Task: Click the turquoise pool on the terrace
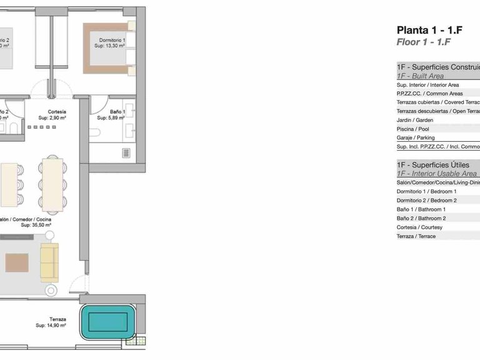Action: pos(108,322)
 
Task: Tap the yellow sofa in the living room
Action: pos(49,261)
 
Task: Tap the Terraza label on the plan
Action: pos(58,319)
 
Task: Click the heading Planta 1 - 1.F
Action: pos(424,30)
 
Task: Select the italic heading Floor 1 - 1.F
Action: pos(424,42)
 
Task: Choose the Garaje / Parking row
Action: pos(416,137)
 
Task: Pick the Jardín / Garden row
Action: pos(416,120)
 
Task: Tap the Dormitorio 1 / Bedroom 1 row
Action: pos(427,191)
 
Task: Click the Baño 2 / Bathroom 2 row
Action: pos(421,218)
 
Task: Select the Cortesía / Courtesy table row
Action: pos(419,227)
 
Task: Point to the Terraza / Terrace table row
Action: pos(416,236)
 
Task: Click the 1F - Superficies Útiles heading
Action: pos(433,164)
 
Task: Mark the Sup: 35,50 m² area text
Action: pos(35,226)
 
